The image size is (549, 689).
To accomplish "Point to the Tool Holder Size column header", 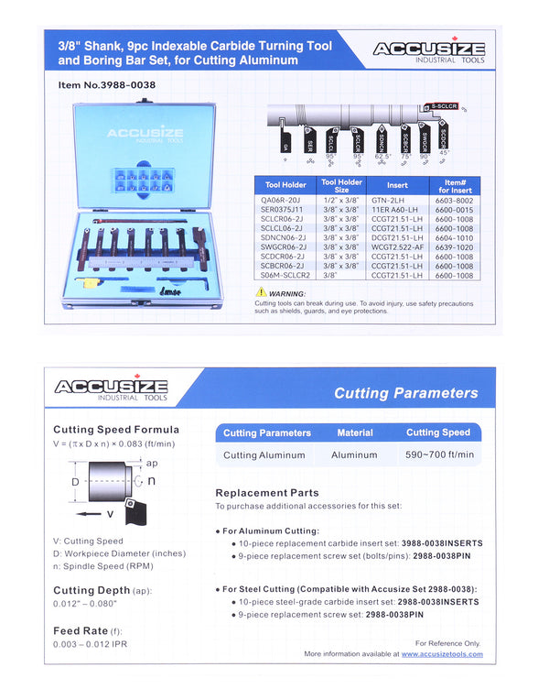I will pos(341,187).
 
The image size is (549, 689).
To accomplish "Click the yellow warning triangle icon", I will pos(262,292).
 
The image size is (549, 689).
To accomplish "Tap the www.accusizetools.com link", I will pos(442,654).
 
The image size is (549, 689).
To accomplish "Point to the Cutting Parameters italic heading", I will pos(405,393).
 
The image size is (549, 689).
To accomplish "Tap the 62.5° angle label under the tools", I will pos(382,158).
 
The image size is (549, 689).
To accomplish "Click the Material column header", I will pos(355,432).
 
